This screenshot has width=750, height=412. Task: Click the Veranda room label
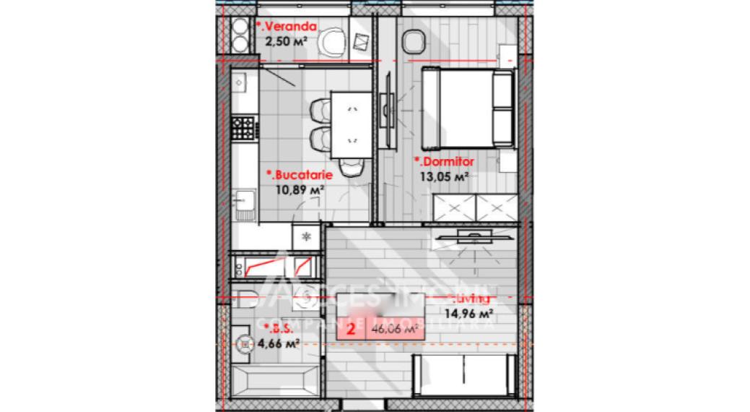pyautogui.click(x=287, y=27)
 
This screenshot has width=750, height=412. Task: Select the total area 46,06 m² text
pyautogui.click(x=395, y=329)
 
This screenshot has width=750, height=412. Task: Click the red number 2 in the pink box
pyautogui.click(x=351, y=329)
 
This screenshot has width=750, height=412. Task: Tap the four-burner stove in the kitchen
pyautogui.click(x=243, y=129)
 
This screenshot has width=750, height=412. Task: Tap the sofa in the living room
pyautogui.click(x=462, y=376)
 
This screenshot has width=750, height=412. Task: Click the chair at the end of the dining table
pyautogui.click(x=351, y=166)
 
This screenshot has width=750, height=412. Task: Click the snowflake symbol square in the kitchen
pyautogui.click(x=305, y=236)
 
